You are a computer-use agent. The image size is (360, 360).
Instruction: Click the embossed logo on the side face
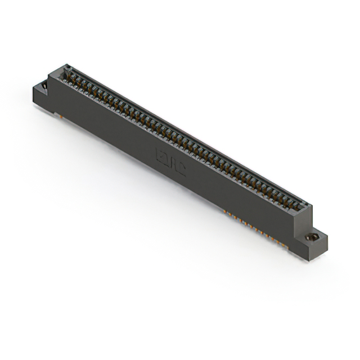pyautogui.click(x=170, y=160)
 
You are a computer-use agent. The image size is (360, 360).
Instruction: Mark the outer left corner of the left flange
pyautogui.click(x=34, y=90)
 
